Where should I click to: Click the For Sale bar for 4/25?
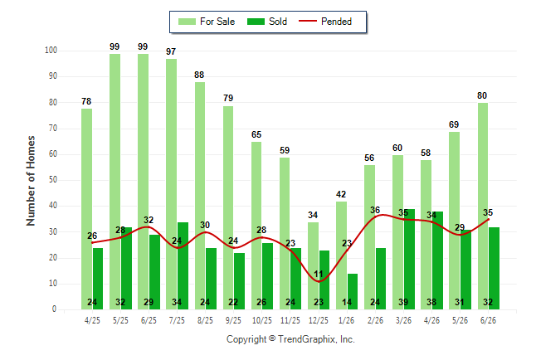[86, 209]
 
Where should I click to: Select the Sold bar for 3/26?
[409, 259]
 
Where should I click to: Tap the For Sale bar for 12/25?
[313, 265]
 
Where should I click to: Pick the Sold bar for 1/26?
[353, 291]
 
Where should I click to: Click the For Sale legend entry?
[207, 22]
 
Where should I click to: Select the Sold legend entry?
[267, 22]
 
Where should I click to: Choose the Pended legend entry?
[325, 22]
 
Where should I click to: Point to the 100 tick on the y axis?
[51, 51]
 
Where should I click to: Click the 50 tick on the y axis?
[52, 180]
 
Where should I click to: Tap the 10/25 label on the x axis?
[262, 320]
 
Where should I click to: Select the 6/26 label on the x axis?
[488, 320]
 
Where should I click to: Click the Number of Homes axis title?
[31, 181]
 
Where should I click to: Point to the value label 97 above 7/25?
[171, 51]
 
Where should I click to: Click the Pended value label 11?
[319, 274]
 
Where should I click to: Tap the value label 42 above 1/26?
[341, 194]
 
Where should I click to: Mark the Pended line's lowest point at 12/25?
[319, 282]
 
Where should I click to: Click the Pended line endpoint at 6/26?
[489, 219]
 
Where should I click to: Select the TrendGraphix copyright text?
[290, 339]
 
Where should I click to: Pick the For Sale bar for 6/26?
[483, 207]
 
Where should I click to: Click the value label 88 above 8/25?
[199, 75]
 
